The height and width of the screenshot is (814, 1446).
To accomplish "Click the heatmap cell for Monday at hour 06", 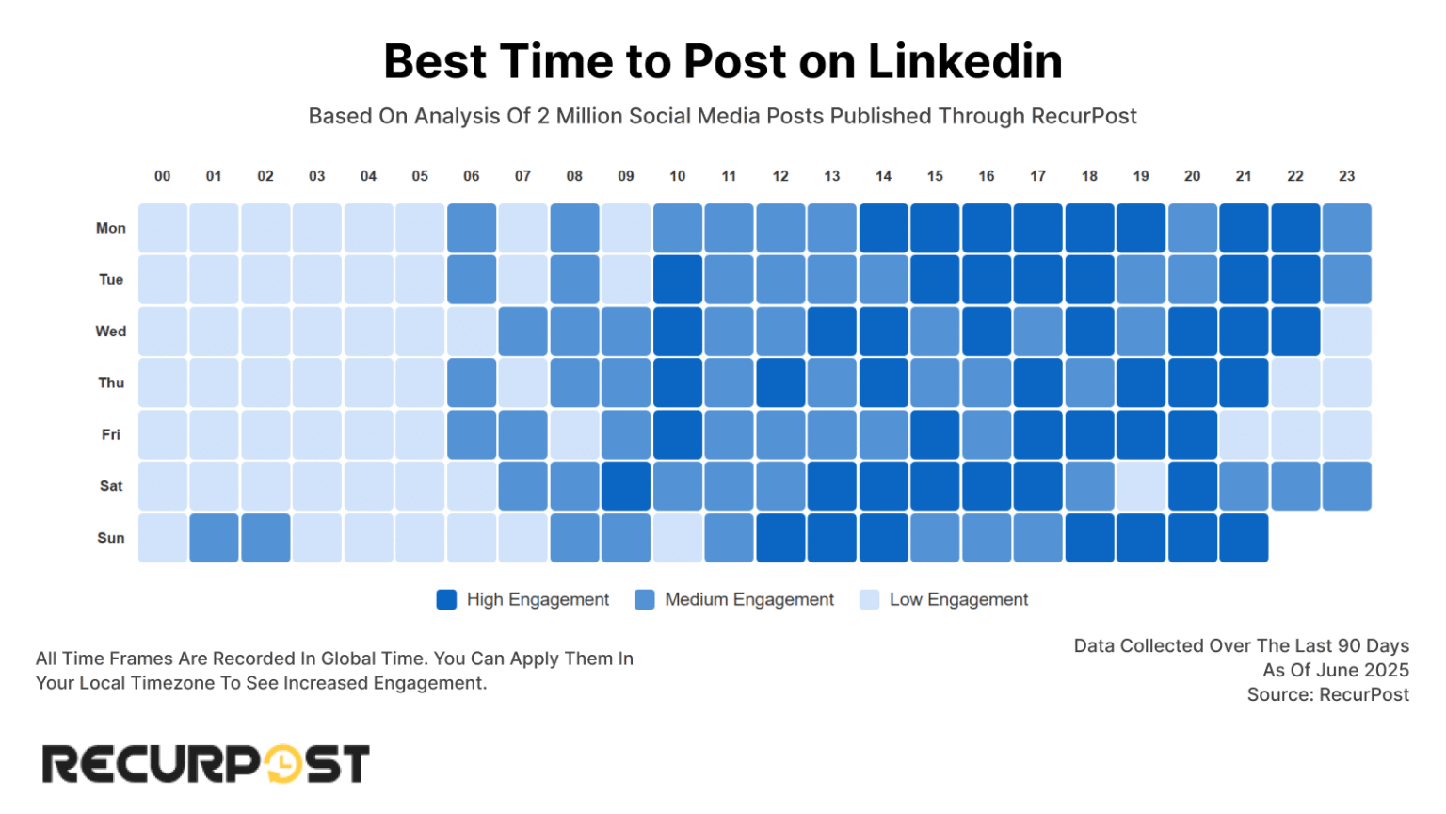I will point(472,228).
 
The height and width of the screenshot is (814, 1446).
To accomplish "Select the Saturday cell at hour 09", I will point(626,486).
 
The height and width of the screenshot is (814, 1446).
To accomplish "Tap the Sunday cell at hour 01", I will point(214,538).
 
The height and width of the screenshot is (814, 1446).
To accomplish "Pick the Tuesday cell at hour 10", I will point(678,280).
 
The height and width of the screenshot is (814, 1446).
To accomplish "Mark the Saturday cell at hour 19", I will point(1141,486).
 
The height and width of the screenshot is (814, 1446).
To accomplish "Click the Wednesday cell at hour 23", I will point(1347,332).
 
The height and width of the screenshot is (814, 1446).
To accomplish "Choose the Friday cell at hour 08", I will point(574,434).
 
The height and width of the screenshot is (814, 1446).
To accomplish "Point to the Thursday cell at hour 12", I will point(780,383).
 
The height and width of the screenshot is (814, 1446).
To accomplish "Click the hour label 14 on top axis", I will point(883,176).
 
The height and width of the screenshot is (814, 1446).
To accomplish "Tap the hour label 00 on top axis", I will point(163,176).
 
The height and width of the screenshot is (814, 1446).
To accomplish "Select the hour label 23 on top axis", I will point(1347,176).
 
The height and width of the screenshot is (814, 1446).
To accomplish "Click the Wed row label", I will point(110,332).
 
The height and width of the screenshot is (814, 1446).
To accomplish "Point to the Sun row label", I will point(110,538).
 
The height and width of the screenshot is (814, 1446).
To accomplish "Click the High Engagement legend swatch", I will point(446,600).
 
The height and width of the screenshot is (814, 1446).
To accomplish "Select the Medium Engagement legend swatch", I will point(645,600).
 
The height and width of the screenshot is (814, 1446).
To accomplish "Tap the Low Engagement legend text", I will point(958,600).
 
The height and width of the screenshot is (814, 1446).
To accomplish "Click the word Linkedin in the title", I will point(965,62).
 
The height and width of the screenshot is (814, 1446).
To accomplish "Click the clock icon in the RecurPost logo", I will point(281,764).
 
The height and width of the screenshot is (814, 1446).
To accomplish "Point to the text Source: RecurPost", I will point(1327,695).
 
